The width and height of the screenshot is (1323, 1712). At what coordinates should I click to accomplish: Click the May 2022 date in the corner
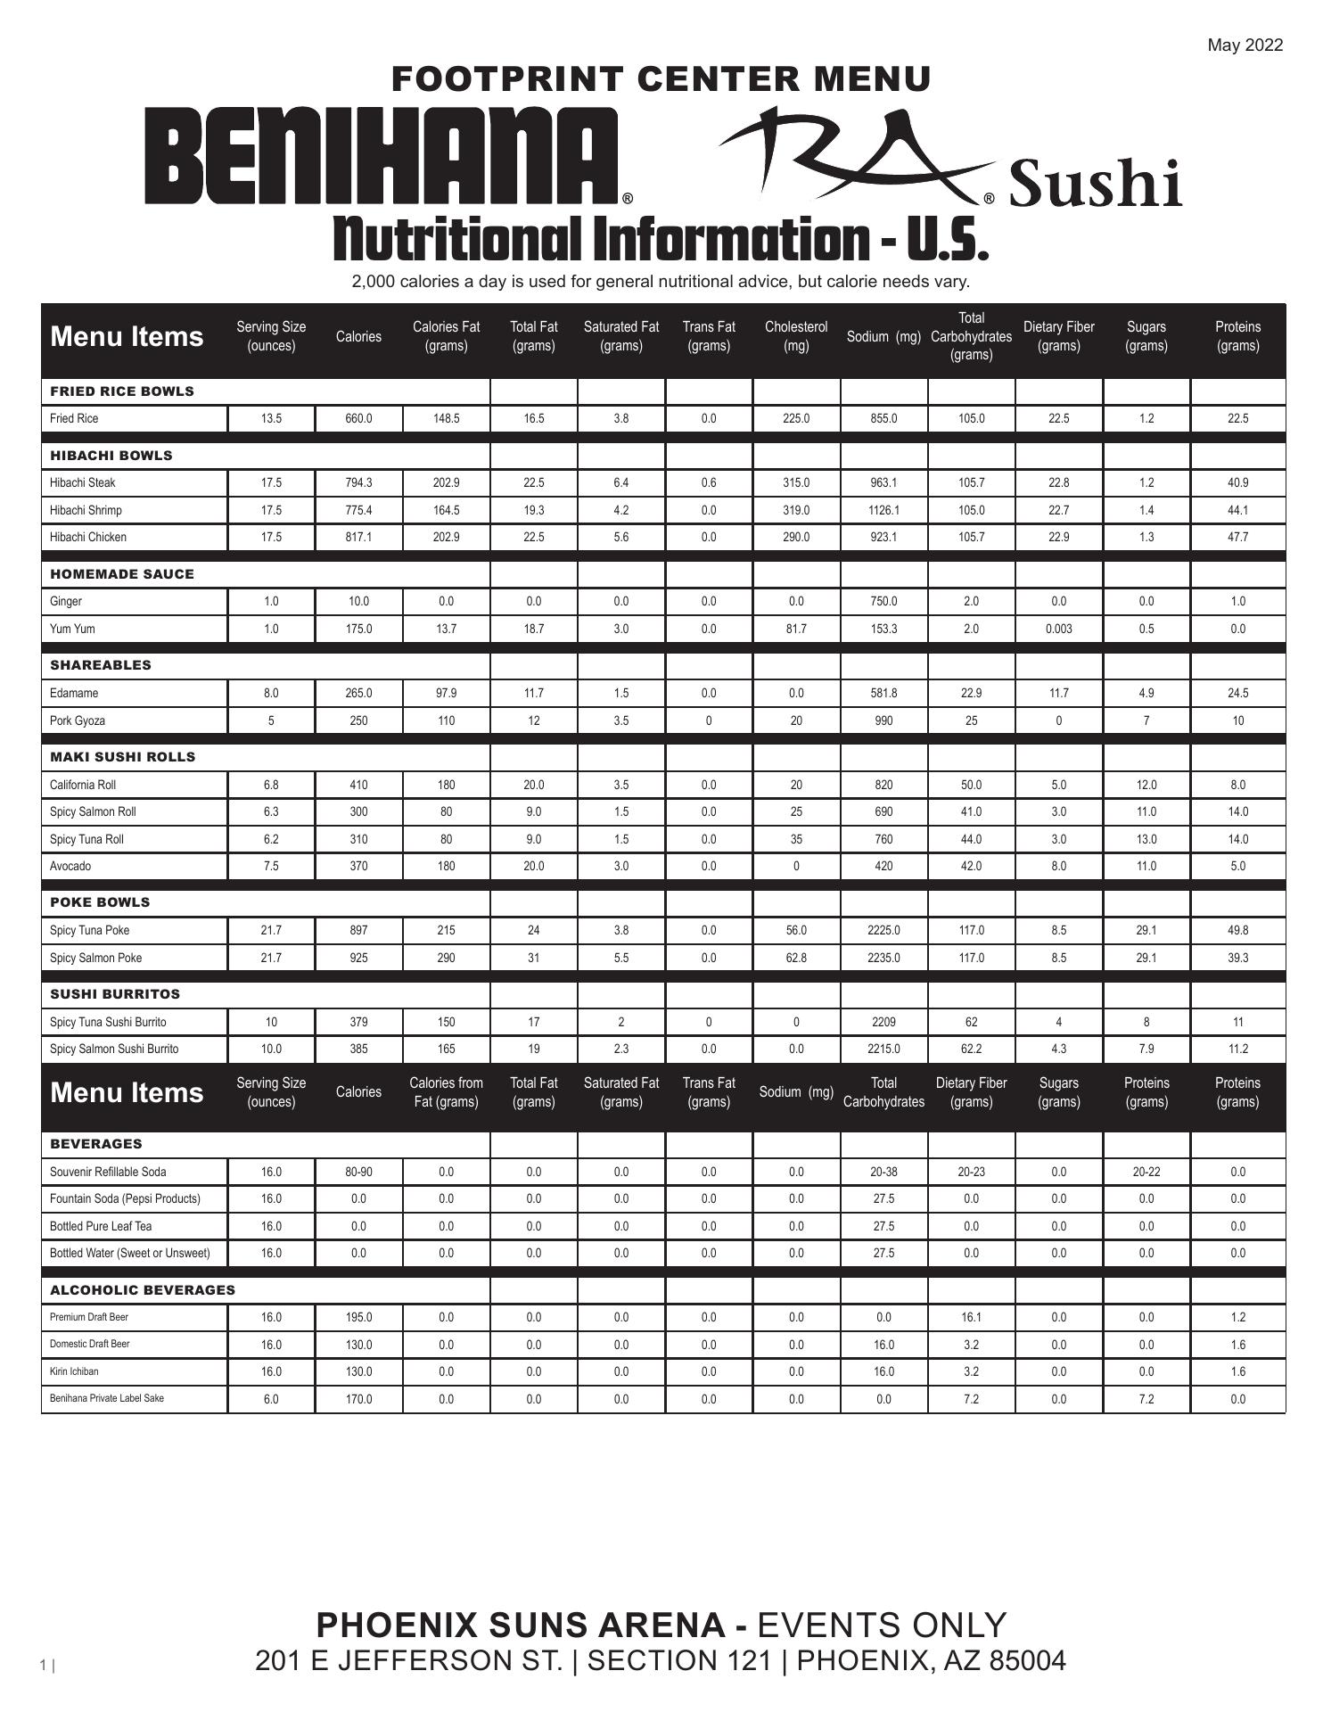click(x=1245, y=45)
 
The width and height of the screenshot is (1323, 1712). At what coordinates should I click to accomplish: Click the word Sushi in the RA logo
click(x=1095, y=183)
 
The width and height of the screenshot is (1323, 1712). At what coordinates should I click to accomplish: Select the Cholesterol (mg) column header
click(x=795, y=336)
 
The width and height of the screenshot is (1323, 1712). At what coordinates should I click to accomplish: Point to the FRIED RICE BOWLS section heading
click(x=122, y=391)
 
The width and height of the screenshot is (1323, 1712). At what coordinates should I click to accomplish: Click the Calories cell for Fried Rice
click(x=358, y=418)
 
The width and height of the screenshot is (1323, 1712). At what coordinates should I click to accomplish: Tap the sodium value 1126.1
click(x=883, y=510)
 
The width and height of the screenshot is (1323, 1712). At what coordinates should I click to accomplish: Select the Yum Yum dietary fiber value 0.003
click(x=1058, y=629)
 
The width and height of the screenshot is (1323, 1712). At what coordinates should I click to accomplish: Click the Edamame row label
click(x=74, y=693)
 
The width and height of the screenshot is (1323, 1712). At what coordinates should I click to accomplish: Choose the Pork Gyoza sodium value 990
click(x=883, y=720)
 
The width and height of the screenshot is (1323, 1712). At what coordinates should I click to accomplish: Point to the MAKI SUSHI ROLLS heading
click(x=123, y=757)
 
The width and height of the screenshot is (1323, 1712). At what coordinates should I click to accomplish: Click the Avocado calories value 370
click(x=358, y=866)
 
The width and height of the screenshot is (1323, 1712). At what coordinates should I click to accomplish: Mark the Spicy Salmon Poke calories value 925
click(x=358, y=958)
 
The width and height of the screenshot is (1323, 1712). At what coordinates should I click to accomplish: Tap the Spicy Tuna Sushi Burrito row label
click(x=108, y=1022)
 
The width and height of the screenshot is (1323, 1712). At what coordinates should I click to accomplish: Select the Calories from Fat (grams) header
click(x=446, y=1092)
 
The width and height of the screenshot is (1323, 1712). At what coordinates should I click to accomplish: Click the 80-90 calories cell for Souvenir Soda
click(x=358, y=1172)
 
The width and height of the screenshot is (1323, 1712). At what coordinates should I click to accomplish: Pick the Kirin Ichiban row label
click(x=74, y=1371)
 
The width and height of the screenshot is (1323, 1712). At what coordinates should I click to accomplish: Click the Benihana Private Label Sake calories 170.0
click(x=358, y=1399)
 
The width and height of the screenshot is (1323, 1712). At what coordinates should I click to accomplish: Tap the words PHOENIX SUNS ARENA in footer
click(x=521, y=1626)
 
